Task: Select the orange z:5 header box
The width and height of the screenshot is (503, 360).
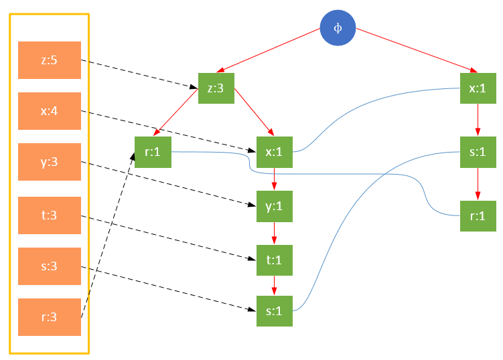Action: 50,60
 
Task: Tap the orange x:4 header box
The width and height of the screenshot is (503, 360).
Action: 50,110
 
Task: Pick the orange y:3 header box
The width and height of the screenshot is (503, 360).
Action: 50,161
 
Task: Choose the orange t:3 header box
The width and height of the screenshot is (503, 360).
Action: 50,215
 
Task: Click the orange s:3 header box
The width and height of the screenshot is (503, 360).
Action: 50,266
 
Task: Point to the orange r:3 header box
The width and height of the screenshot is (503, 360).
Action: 50,317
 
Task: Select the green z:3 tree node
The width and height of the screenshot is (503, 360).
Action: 216,88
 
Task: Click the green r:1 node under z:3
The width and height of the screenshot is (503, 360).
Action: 153,151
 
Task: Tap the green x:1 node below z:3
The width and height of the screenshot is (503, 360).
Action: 275,151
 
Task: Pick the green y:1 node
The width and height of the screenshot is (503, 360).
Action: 275,207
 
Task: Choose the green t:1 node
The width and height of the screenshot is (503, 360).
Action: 275,260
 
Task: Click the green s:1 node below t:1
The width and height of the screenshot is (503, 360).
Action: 275,310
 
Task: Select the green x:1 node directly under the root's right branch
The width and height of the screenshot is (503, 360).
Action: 478,88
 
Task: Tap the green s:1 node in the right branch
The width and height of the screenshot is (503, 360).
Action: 478,151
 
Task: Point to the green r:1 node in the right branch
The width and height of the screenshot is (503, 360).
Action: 478,216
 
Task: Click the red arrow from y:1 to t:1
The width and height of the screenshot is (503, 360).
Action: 275,234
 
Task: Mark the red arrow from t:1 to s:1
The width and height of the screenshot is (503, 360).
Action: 275,285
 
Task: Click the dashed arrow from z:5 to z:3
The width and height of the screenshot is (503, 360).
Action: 141,73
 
